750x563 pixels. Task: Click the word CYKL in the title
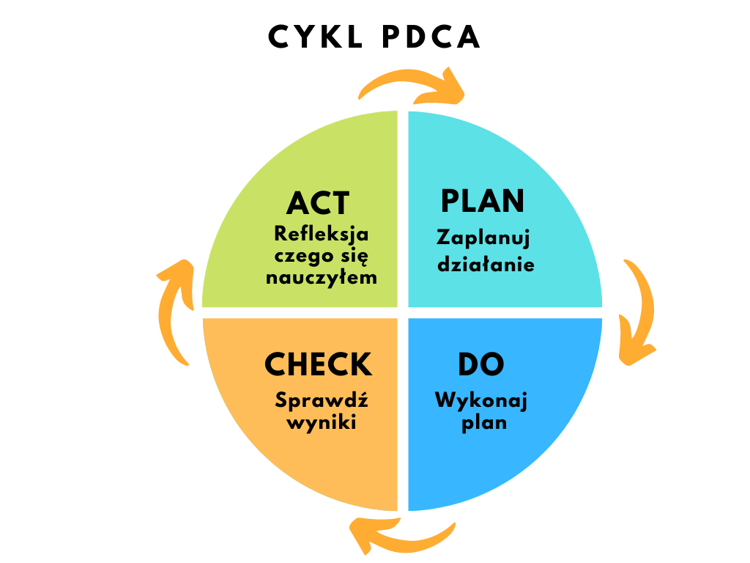[x=315, y=37]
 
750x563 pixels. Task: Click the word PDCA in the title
[x=431, y=37]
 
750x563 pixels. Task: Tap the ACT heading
[x=318, y=203]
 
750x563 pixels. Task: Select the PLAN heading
[x=482, y=201]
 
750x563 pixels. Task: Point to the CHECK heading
[x=318, y=364]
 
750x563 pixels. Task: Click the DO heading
[x=480, y=364]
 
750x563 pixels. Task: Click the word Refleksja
[x=321, y=235]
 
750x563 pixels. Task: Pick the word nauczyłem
[x=322, y=277]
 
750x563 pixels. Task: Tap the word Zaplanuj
[x=483, y=238]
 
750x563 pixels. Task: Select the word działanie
[x=486, y=264]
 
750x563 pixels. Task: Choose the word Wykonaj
[x=480, y=401]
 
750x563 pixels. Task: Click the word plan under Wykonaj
[x=484, y=423]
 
